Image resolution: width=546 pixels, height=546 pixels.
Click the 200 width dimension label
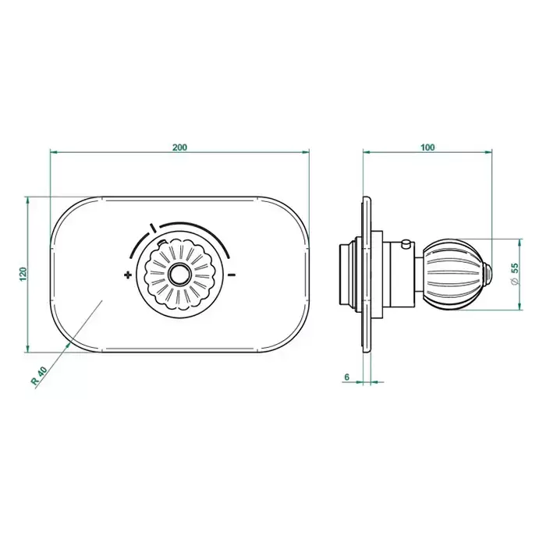179,147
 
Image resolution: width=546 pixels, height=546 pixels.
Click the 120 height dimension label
23,274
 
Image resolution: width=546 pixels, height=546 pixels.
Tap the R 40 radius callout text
39,376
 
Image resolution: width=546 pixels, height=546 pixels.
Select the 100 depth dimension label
427,147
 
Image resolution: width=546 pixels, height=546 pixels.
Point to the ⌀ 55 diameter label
515,274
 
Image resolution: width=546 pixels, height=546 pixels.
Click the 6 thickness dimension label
346,377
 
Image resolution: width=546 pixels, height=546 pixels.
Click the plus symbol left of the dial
128,275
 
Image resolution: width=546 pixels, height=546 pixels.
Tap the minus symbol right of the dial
232,275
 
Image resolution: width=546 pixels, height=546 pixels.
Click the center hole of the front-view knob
179,274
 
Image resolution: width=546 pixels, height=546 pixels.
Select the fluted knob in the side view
452,274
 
